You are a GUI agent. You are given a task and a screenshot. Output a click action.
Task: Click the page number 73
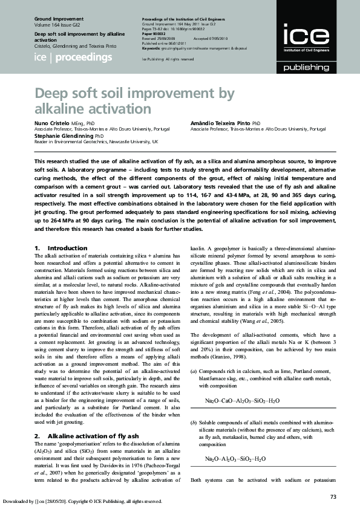tap(333, 496)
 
